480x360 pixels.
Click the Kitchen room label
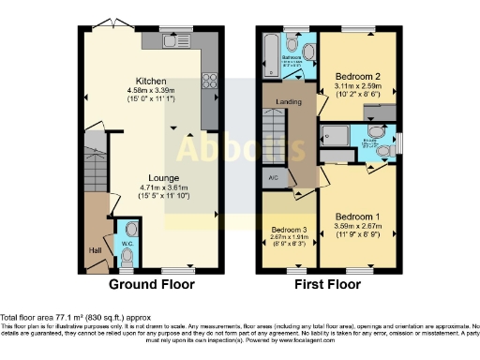tap(151, 81)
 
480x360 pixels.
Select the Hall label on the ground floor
tap(94, 250)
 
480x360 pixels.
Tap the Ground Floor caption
tap(152, 283)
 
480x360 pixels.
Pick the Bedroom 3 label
tap(289, 230)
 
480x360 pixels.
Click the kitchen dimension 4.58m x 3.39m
tap(151, 91)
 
